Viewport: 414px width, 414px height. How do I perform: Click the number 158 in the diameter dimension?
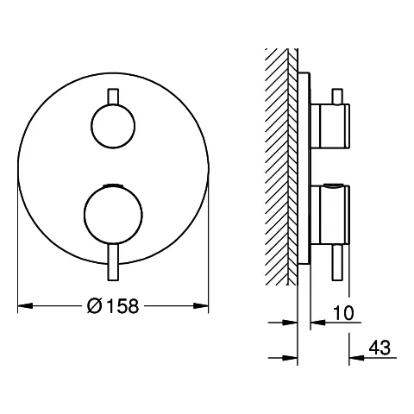click(x=122, y=305)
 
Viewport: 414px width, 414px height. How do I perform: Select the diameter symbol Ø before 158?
click(x=95, y=305)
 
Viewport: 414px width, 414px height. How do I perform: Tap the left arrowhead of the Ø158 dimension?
click(x=22, y=305)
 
